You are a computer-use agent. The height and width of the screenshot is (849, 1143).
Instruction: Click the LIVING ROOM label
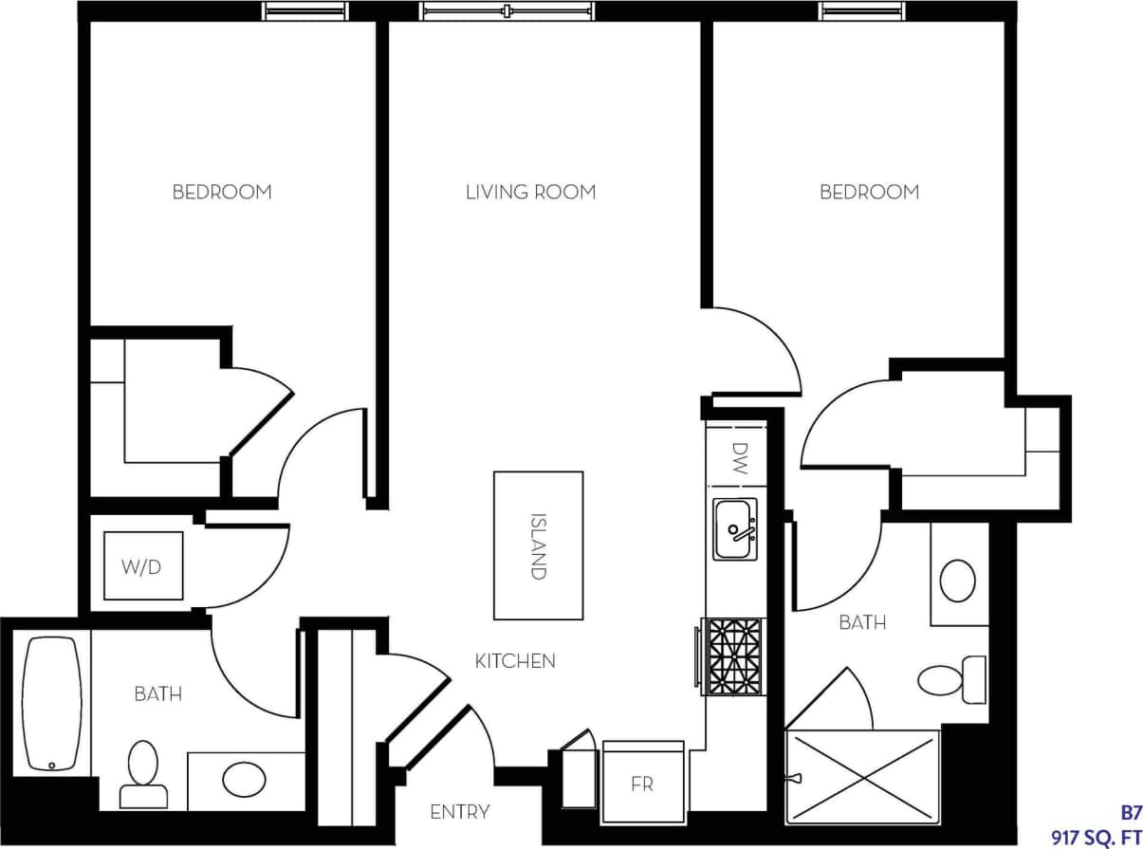530,193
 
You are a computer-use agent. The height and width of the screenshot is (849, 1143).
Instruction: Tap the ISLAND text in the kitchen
538,546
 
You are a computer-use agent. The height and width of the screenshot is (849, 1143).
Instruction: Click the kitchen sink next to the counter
735,529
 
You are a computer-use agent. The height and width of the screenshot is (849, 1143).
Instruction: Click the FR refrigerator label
643,784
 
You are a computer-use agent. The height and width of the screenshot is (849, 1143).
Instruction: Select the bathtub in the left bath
52,703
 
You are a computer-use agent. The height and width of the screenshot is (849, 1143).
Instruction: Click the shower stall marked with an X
861,777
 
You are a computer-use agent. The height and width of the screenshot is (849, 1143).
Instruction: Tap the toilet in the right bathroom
949,679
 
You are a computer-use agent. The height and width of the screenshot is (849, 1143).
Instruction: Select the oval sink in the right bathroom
958,581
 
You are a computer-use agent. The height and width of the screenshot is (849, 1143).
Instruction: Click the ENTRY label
460,812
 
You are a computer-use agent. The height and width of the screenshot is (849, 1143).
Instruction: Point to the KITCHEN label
515,661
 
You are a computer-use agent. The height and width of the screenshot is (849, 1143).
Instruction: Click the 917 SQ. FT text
1096,837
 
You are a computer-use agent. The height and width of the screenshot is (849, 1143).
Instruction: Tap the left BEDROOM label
222,193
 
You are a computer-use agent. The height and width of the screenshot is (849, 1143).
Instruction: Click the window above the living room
508,11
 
